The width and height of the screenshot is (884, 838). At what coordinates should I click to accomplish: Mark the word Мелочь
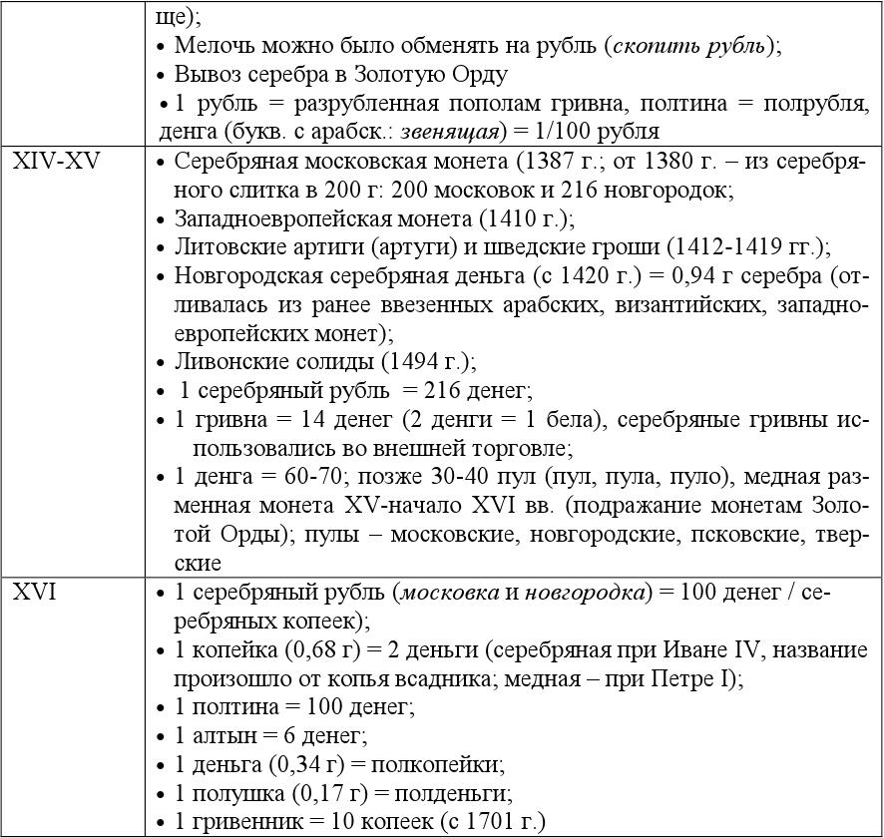[x=211, y=46]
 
